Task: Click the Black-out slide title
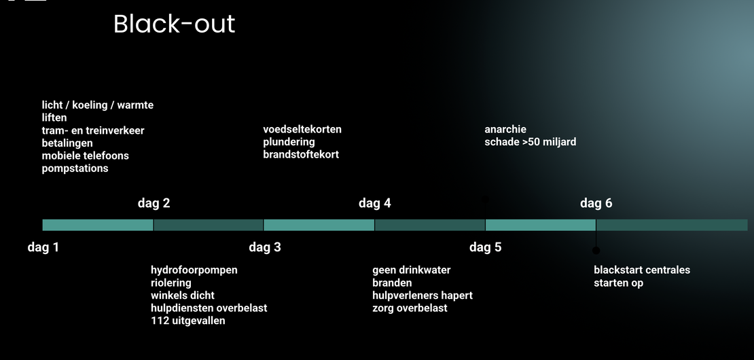point(174,24)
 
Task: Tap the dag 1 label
point(43,247)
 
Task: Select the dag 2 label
point(154,203)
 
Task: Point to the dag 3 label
point(265,247)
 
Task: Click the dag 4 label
point(374,203)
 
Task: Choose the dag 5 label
point(485,247)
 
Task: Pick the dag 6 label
point(596,203)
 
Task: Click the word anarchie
point(505,129)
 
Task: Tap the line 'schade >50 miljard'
point(531,142)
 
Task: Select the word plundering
point(289,142)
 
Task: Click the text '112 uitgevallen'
point(188,321)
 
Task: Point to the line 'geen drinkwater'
point(412,270)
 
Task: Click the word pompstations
point(75,168)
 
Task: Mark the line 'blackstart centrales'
point(642,270)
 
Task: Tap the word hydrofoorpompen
point(194,270)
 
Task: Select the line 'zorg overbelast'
point(410,308)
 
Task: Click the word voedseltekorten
point(302,129)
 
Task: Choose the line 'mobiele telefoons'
point(86,156)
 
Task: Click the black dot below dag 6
point(596,251)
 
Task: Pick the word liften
point(54,118)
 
